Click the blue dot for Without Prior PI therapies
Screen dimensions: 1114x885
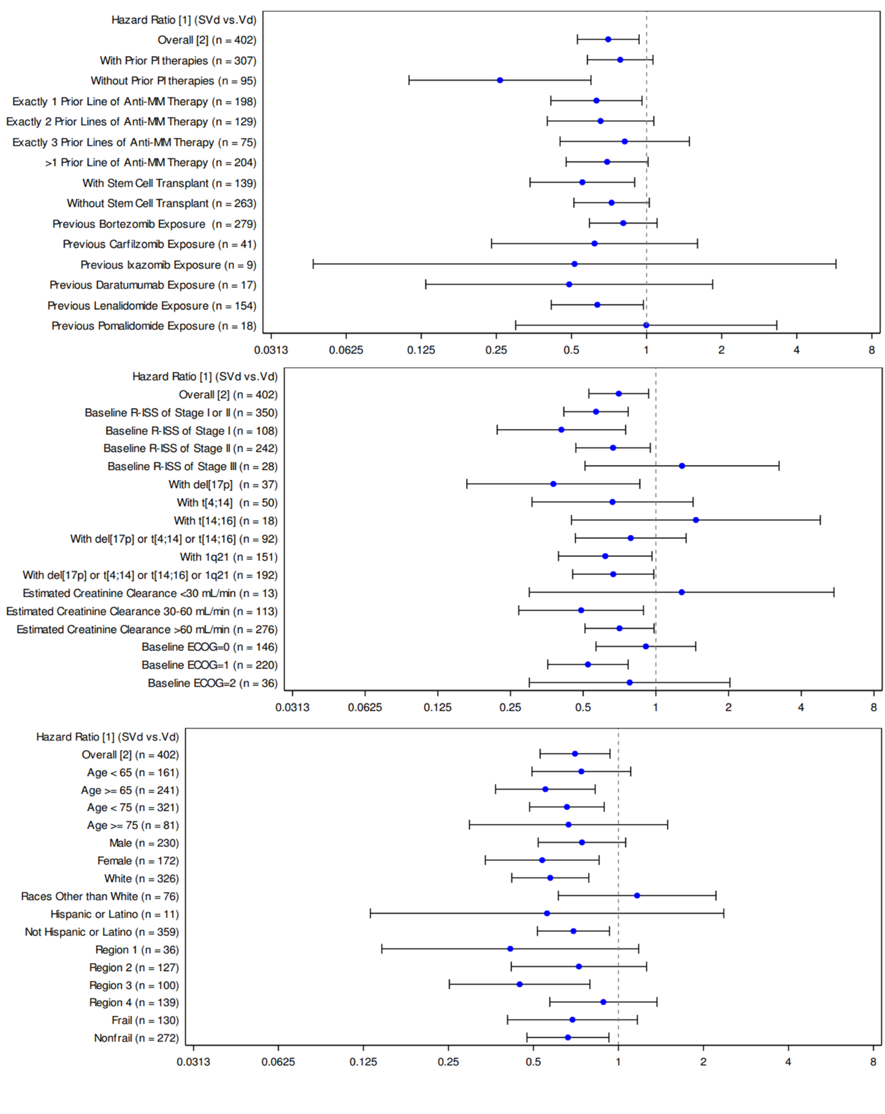499,80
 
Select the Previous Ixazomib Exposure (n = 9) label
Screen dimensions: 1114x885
168,265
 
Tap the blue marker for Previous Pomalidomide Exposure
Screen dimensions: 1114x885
646,325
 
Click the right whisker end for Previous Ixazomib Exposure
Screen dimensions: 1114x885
835,264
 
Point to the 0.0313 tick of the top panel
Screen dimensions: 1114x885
271,350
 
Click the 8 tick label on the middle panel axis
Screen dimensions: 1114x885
873,707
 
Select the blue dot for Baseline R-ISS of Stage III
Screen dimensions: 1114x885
681,466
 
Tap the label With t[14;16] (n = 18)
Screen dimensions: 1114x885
225,521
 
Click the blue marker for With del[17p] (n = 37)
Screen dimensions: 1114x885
553,484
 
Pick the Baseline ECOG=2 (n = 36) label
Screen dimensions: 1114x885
212,683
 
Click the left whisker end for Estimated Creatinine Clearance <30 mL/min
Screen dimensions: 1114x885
529,592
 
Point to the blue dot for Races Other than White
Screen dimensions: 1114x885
637,896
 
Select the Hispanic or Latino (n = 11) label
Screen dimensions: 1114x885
114,914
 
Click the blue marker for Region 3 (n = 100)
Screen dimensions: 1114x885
519,984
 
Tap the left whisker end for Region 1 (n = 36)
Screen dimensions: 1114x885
382,949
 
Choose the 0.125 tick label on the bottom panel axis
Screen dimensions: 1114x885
363,1062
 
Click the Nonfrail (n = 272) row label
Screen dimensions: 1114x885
136,1038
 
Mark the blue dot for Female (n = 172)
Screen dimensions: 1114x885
542,860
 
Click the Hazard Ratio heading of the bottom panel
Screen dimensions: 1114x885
107,737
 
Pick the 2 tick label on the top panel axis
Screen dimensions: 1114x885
721,350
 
